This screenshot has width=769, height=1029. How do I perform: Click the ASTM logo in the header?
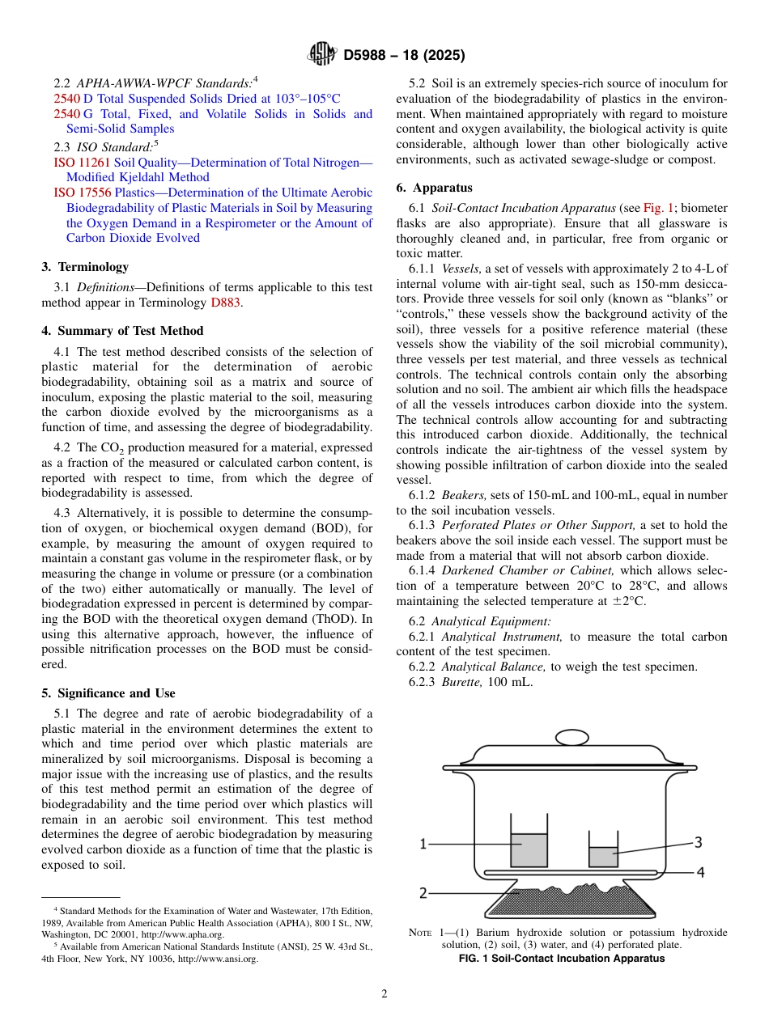tap(322, 54)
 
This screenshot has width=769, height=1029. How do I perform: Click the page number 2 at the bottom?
tap(384, 993)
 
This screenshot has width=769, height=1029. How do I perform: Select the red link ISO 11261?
tap(76, 163)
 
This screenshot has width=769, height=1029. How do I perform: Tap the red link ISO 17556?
tap(76, 193)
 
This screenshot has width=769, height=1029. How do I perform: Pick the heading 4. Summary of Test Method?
tap(122, 331)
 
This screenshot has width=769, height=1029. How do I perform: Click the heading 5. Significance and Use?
tap(108, 693)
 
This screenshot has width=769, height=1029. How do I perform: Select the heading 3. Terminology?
tap(85, 267)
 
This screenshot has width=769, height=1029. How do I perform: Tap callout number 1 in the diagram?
tap(423, 845)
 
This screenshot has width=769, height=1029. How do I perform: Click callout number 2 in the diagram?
tap(423, 893)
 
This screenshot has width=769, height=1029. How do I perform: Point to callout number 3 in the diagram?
tap(698, 842)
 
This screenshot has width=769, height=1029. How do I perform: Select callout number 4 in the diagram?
tap(700, 872)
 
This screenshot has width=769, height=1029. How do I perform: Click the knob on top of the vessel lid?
tap(572, 737)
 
